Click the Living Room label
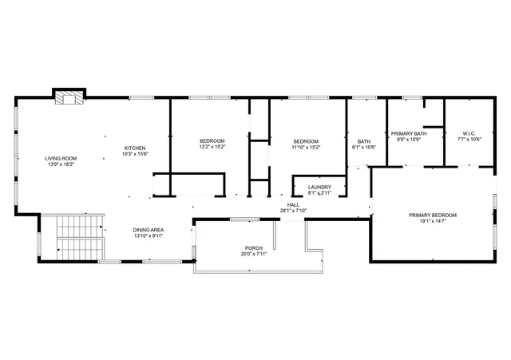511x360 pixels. tap(60, 159)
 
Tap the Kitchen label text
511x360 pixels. tap(134, 148)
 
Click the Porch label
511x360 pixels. tap(253, 249)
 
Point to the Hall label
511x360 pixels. tap(293, 205)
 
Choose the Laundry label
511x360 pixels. tap(319, 188)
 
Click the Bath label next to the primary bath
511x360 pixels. tap(363, 141)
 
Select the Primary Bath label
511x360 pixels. tap(408, 133)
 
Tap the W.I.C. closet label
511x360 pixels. tap(469, 133)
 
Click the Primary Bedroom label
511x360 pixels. tap(432, 216)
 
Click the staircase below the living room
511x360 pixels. tap(72, 237)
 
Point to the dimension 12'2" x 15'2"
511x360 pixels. tap(212, 147)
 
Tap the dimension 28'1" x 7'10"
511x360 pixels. tap(293, 211)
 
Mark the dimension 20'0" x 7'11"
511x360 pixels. tap(253, 255)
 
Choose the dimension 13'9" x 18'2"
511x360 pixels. tap(60, 164)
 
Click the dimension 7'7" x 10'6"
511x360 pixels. tap(469, 139)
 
